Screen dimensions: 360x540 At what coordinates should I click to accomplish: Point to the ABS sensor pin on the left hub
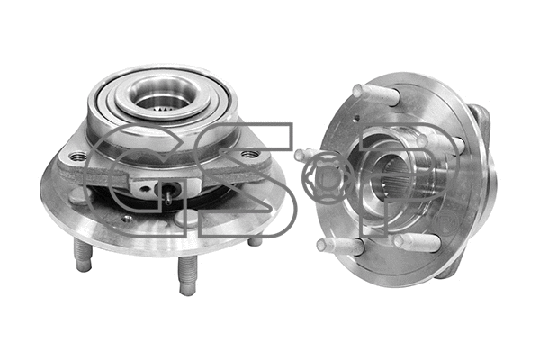coord(168,193)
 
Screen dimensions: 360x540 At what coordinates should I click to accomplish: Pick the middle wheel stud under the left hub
coord(186,274)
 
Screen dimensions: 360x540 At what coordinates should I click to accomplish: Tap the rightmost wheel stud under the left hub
coord(256,238)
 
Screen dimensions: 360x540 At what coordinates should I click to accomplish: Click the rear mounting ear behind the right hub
coord(479,121)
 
